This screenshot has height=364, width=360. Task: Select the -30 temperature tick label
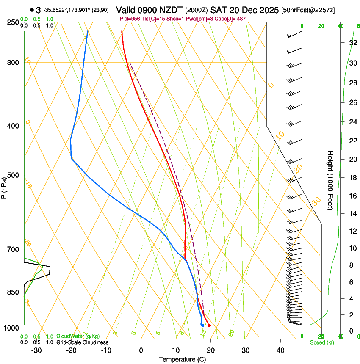(36, 350)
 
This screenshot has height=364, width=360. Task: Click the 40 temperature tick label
(280, 350)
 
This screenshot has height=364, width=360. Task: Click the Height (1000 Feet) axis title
(330, 180)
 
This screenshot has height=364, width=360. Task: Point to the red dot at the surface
(209, 325)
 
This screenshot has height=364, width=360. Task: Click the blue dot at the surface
(202, 325)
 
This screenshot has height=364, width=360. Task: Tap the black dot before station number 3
(32, 10)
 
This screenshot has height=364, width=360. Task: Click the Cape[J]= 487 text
(232, 19)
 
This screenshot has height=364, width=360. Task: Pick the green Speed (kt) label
(321, 342)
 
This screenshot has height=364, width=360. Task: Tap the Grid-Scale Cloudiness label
(82, 342)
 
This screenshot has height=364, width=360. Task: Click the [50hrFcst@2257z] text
(308, 10)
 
